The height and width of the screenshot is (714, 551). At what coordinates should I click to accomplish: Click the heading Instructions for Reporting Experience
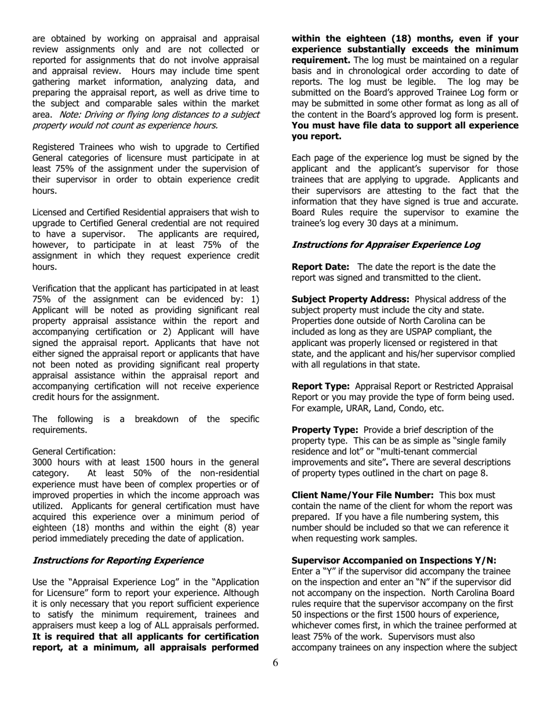coord(118,560)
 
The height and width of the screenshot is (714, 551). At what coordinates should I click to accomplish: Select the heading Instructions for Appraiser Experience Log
coord(386,245)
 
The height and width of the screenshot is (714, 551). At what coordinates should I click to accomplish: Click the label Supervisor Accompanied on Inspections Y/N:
coord(394,560)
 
